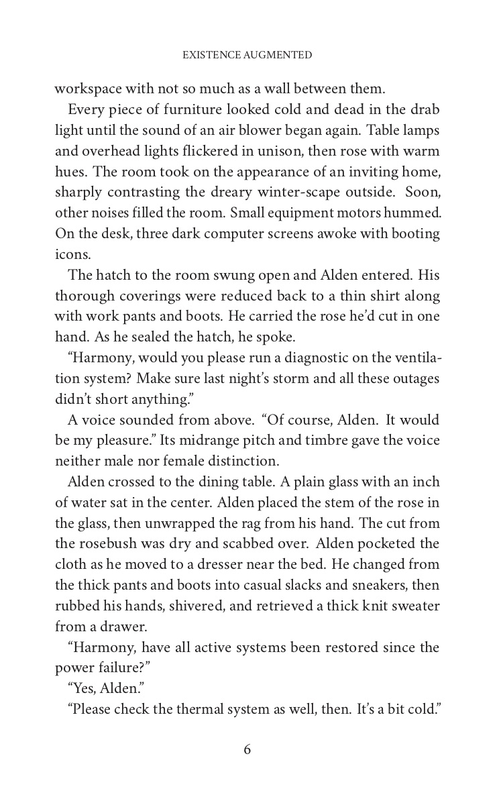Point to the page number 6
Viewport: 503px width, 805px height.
(x=247, y=750)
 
